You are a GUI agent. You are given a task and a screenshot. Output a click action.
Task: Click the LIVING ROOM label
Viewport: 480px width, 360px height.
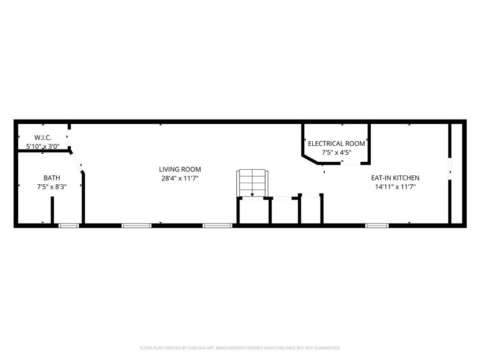coord(180,169)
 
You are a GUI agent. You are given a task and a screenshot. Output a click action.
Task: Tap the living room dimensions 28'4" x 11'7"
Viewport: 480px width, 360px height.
coord(180,178)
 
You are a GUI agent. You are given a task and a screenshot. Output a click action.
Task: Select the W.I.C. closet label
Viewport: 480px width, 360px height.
coord(43,137)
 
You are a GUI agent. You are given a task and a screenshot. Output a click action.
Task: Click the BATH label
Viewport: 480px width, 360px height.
coord(52,178)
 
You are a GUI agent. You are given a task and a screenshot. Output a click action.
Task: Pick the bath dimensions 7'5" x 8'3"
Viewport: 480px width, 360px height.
coord(52,187)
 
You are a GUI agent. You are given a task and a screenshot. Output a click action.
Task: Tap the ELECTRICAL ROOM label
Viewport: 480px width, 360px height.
coord(336,143)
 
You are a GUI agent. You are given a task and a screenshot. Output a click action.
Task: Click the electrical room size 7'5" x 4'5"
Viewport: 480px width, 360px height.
coord(336,152)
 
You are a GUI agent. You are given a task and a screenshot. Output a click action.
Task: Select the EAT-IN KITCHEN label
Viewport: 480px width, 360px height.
coord(395,178)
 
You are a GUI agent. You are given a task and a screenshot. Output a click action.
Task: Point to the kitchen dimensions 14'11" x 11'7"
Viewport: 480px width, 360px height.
coord(395,187)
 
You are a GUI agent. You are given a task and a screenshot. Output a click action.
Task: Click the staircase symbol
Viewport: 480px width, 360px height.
coord(253,184)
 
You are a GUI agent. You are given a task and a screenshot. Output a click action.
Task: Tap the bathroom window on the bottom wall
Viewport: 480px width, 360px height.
coord(68,225)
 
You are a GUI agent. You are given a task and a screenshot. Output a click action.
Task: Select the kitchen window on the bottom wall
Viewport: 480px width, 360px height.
coord(377,225)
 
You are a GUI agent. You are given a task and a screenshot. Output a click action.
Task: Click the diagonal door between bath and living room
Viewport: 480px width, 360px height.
coord(76,162)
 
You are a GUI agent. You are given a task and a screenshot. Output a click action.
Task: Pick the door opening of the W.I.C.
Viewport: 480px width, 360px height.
coord(69,138)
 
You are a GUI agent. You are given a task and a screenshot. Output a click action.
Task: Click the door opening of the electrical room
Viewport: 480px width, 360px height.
coord(351,163)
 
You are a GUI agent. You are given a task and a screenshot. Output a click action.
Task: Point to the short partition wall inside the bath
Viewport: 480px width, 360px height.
coord(52,210)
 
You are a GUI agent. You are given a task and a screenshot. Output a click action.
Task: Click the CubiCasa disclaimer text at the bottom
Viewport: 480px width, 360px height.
coord(240,348)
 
